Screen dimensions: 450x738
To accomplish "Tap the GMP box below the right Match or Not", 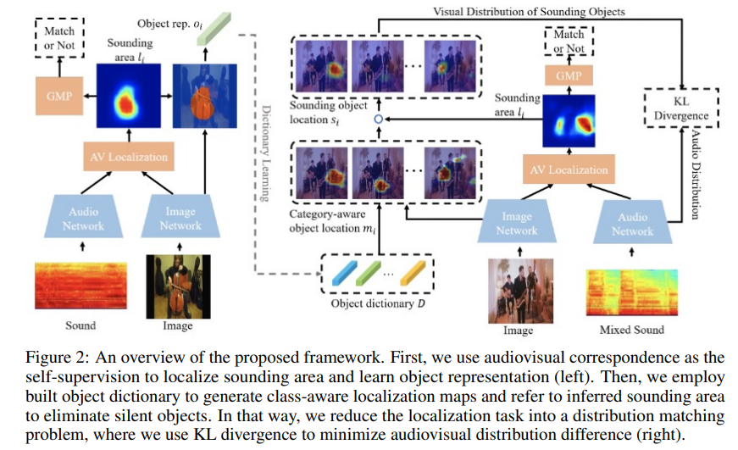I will click(x=569, y=76).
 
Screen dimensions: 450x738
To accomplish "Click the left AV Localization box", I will click(x=127, y=156).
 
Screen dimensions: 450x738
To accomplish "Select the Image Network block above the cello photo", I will click(x=180, y=219).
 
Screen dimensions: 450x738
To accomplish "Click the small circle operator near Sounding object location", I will click(x=379, y=120).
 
